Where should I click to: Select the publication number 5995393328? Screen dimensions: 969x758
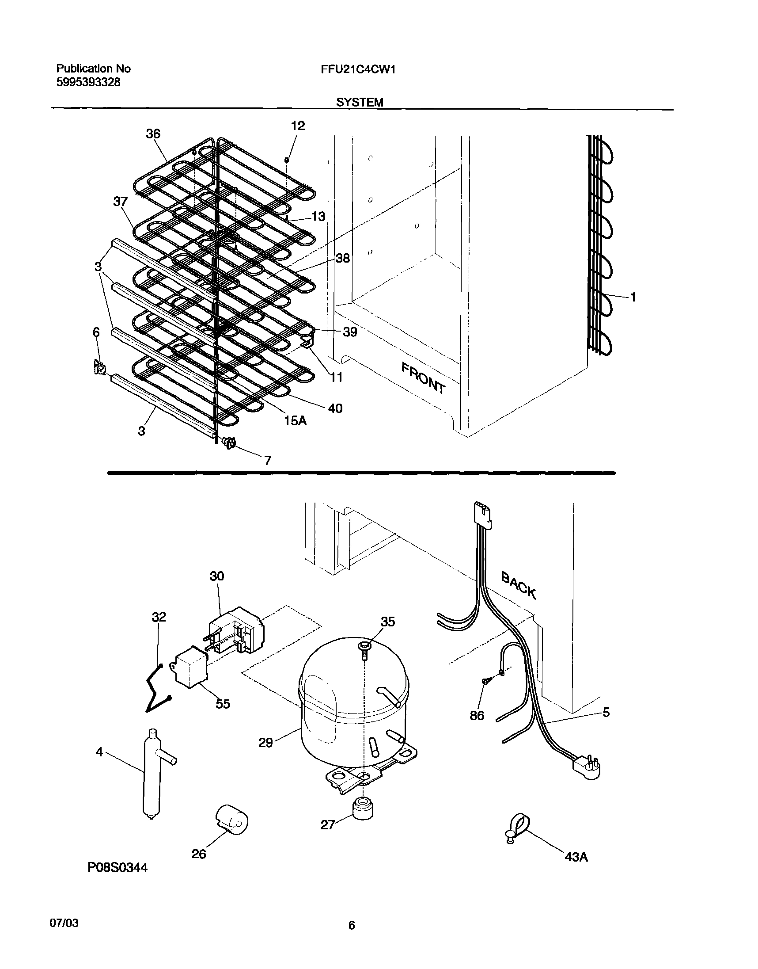tap(88, 83)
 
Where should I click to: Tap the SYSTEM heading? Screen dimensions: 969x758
tap(360, 103)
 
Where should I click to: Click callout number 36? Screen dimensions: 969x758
tap(153, 134)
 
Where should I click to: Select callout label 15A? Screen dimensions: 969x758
tap(295, 420)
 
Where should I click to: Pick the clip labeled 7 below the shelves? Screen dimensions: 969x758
tap(229, 443)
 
